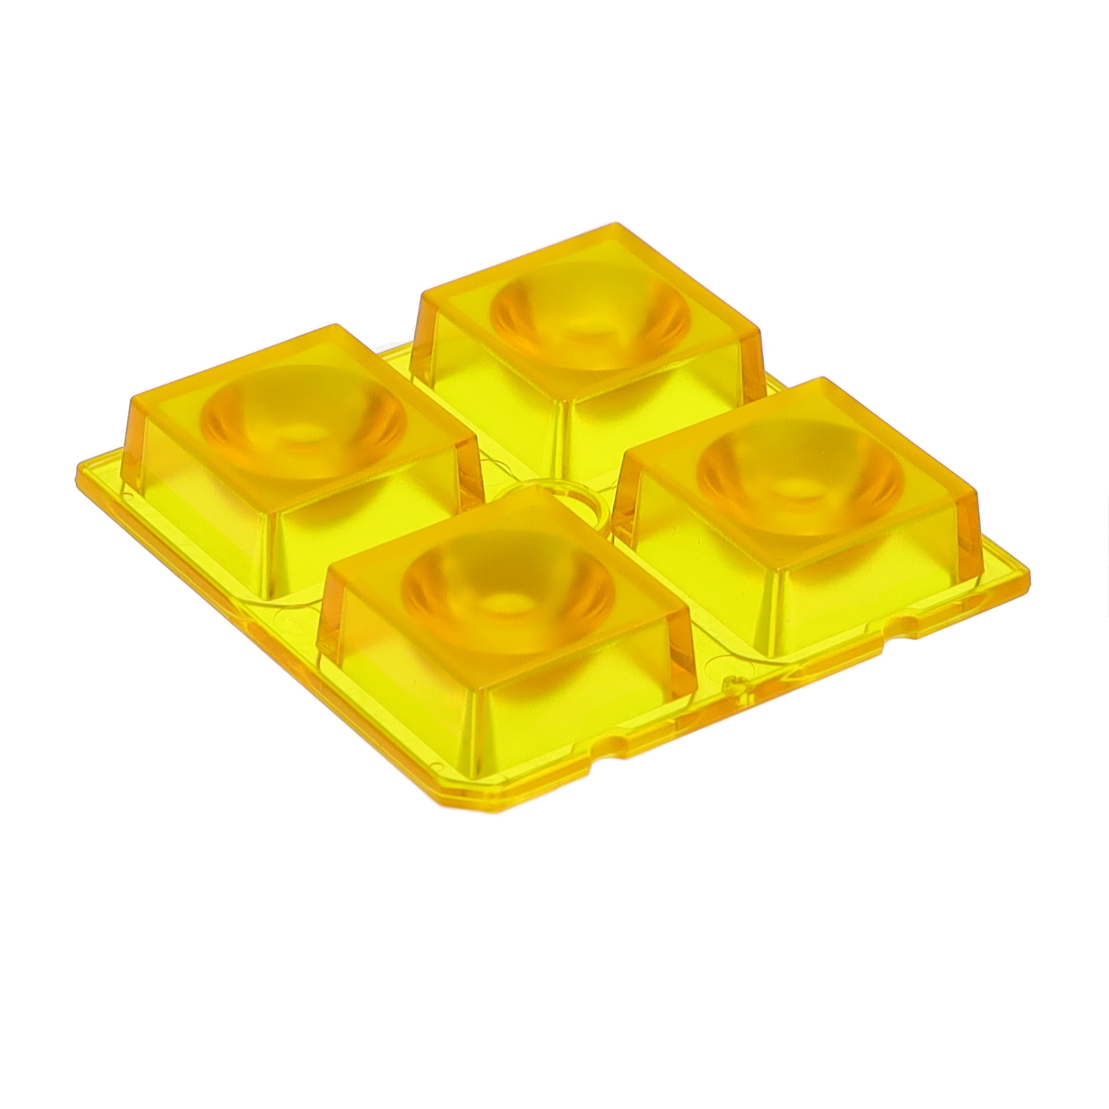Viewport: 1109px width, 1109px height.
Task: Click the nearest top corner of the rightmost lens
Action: click(776, 571)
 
